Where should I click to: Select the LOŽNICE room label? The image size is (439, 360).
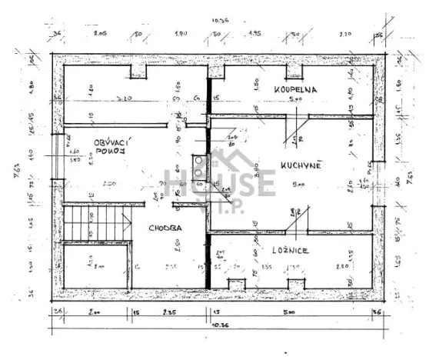click(290, 250)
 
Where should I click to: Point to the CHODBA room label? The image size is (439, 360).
click(165, 228)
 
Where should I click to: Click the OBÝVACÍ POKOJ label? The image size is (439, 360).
click(110, 147)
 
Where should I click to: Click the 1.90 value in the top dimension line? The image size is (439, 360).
click(181, 35)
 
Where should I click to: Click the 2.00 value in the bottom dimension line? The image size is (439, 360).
click(94, 312)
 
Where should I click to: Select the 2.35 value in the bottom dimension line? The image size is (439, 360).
click(168, 312)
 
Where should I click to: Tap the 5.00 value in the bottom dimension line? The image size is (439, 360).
click(287, 312)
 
